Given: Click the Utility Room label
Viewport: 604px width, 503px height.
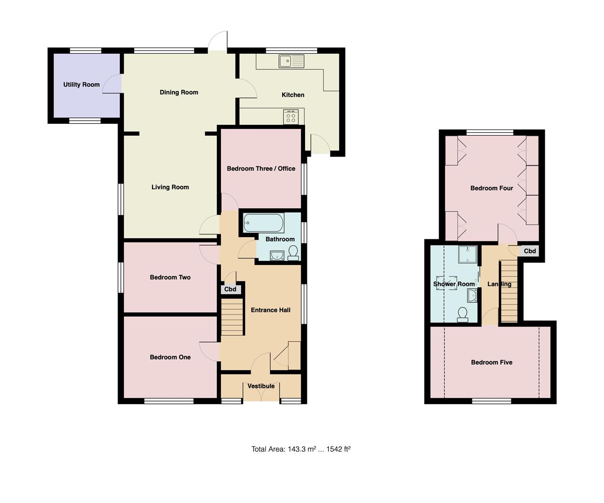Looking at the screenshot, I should click(82, 85).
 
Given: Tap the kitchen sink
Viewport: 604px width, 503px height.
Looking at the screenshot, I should click(291, 61).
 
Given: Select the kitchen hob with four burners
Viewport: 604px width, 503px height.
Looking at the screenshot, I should click(291, 116).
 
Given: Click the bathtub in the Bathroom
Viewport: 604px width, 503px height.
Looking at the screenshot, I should click(264, 223).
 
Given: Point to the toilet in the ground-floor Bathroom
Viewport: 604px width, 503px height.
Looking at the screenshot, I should click(293, 253).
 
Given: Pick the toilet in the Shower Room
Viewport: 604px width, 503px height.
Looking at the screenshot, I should click(463, 315).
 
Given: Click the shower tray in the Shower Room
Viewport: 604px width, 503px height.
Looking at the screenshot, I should click(467, 255).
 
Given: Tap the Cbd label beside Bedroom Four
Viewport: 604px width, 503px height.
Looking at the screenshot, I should click(530, 251).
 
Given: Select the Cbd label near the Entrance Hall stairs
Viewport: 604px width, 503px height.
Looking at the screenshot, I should click(230, 289).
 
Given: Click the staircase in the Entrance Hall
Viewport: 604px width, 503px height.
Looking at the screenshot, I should click(232, 317).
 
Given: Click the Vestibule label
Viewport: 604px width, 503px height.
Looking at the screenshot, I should click(261, 386).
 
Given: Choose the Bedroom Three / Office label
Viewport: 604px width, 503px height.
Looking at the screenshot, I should click(261, 169).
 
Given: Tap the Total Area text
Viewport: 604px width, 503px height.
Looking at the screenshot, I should click(301, 449).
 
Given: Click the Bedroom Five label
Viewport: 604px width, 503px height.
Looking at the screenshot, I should click(492, 362).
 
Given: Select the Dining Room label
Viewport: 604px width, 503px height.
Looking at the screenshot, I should click(179, 92).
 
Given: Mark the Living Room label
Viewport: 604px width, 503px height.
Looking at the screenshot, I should click(170, 187).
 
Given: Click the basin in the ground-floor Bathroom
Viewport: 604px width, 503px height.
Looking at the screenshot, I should click(277, 255).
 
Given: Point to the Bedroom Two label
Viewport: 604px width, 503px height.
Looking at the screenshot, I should click(170, 277).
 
